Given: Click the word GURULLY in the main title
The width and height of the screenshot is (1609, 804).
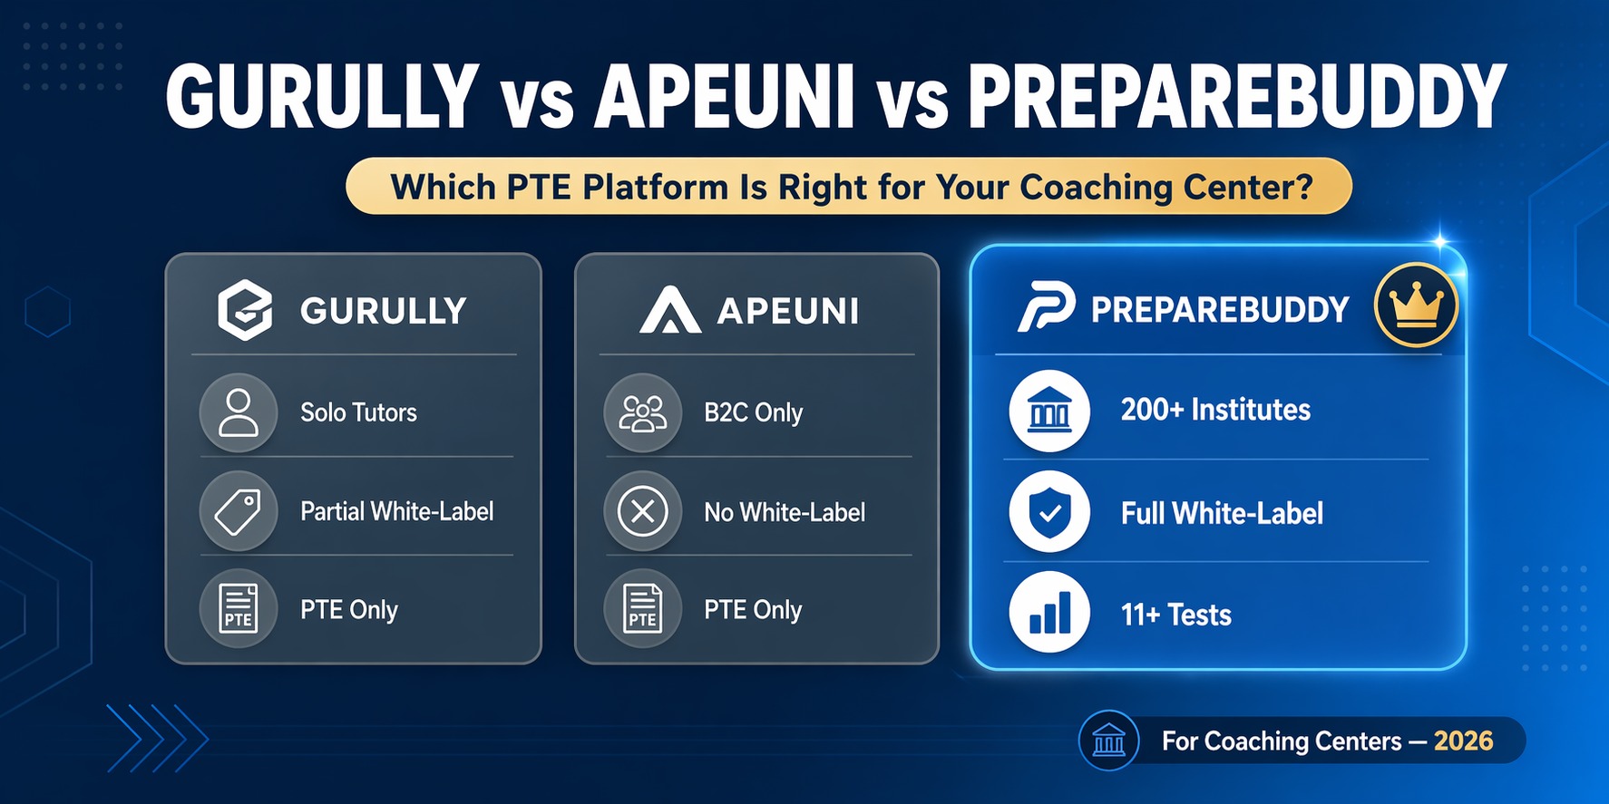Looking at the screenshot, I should pos(322,97).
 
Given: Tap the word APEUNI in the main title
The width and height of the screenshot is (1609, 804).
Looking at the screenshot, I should pos(724,97).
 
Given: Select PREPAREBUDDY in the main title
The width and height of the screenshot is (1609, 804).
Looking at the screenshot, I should pos(1236,97).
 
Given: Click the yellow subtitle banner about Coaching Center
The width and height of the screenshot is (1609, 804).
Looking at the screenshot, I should pos(849,187).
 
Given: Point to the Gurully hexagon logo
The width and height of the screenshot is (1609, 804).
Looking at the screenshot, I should pos(245,311).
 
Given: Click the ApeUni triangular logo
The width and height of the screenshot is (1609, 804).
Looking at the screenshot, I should pos(669,311).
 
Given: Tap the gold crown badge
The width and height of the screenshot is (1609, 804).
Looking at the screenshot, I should pos(1416,305).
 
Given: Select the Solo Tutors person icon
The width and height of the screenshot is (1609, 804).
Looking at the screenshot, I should pos(239,412).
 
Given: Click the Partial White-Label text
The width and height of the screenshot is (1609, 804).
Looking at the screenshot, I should pos(396,511).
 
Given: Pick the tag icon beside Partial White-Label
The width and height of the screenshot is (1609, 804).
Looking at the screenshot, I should pos(239,511).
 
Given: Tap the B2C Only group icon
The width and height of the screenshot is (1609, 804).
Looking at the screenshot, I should pos(642,412).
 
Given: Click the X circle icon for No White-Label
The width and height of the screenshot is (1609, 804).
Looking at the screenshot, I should pos(642,511).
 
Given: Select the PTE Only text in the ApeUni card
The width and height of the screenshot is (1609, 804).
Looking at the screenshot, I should pos(753,610).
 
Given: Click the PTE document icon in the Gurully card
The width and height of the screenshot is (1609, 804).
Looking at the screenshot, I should pos(239,608).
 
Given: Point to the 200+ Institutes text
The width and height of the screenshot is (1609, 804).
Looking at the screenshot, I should pos(1215,410).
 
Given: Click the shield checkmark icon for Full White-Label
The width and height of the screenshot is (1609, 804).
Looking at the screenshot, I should pos(1049,512).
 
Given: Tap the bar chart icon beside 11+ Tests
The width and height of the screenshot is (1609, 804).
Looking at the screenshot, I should pos(1049,613).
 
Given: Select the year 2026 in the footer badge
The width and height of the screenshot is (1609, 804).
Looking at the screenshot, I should pos(1463,741).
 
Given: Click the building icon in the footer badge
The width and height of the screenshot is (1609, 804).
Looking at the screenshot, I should pos(1108,741).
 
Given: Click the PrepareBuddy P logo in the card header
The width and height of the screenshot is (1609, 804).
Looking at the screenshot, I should pos(1046,307).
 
